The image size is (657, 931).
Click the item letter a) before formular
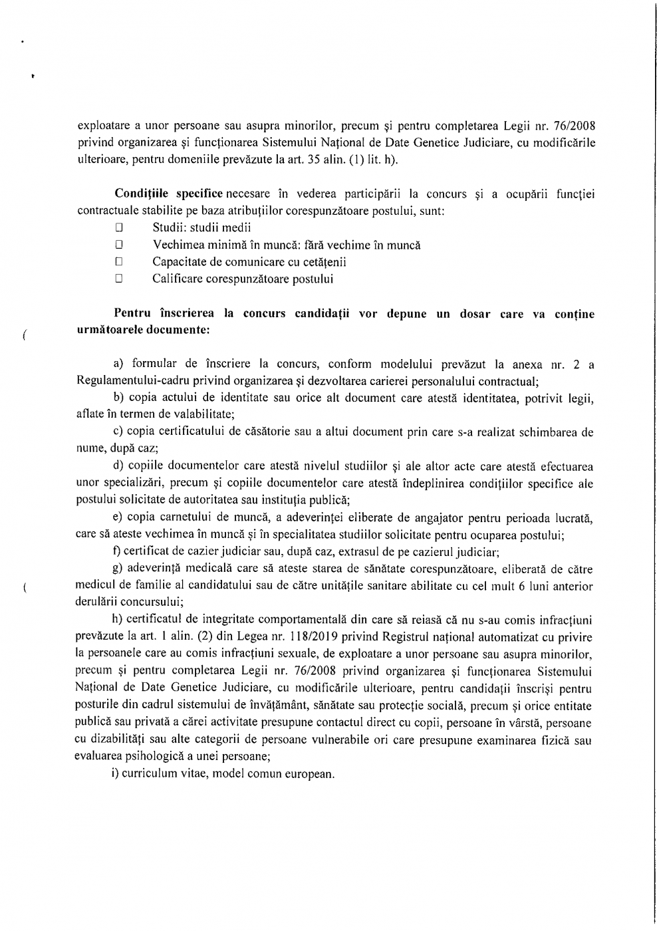coord(120,364)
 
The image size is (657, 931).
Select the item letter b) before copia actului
coord(120,398)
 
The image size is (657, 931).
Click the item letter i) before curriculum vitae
coord(116,774)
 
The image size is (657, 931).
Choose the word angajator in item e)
coord(402,518)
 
